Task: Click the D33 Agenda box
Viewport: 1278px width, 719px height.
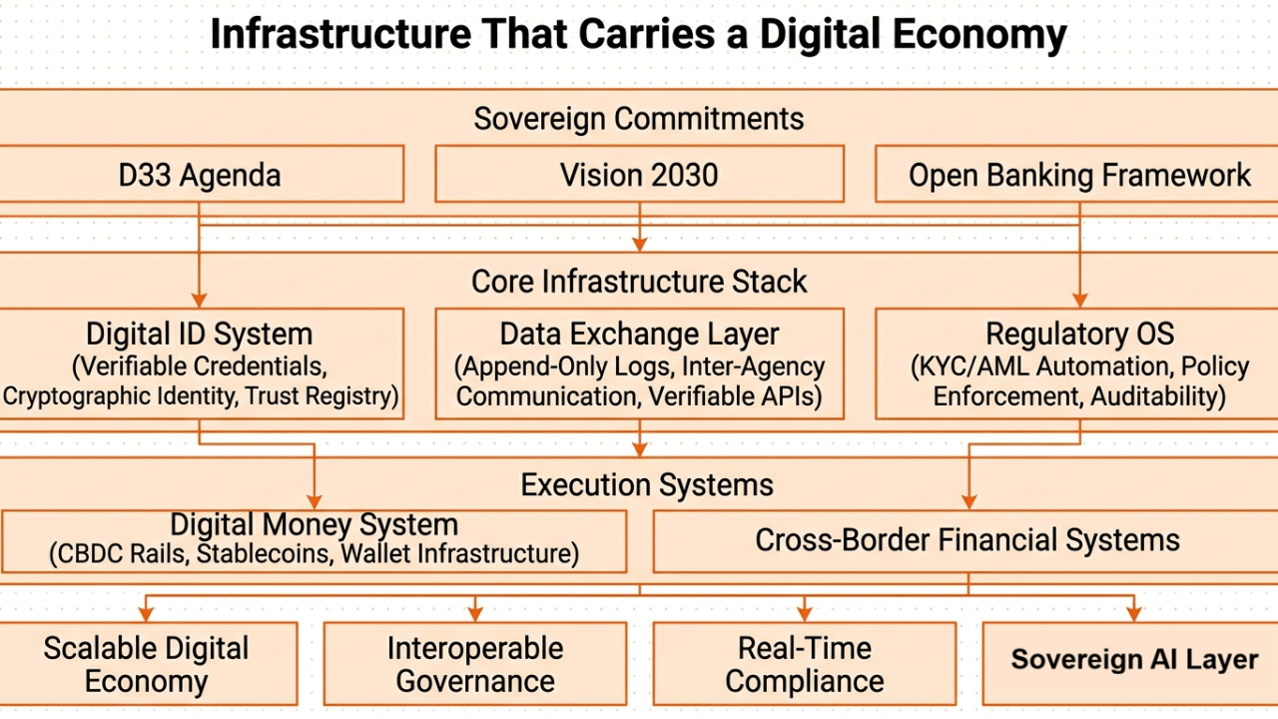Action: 200,175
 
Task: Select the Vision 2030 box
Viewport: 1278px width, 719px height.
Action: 639,175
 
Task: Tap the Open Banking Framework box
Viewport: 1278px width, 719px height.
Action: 1078,175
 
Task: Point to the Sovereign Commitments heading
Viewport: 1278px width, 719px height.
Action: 639,119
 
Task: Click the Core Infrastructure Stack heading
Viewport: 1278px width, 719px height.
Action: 639,282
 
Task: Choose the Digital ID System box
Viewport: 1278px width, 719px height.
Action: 200,362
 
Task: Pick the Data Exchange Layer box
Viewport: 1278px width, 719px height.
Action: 639,362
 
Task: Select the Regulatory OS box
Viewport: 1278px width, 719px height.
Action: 1078,362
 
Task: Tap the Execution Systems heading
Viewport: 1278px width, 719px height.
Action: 647,485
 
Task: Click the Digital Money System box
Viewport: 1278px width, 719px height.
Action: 314,539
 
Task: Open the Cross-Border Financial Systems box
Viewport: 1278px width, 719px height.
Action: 966,540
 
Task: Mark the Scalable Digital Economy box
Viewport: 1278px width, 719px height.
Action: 147,664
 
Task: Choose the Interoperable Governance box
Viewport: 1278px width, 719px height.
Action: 475,664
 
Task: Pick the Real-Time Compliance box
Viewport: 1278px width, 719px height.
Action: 805,664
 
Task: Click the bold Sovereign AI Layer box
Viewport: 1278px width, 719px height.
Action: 1133,660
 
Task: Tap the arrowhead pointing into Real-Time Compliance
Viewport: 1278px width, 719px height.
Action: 805,613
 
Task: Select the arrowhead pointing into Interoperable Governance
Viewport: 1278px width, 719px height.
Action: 475,613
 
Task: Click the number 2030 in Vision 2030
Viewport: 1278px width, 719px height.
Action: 680,175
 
